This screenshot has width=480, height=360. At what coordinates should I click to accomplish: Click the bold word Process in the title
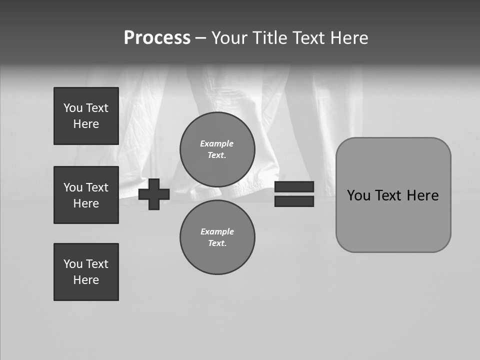point(157,38)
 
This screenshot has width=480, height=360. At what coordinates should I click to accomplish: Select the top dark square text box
point(86,116)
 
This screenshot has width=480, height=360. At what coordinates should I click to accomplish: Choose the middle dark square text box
point(86,195)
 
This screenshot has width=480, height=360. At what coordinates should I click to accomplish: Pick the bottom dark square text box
point(86,272)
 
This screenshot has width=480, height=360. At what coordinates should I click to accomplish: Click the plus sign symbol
point(154,194)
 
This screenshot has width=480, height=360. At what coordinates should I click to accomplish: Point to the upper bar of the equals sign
point(294,186)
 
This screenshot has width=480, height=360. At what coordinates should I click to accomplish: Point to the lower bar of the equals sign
point(294,201)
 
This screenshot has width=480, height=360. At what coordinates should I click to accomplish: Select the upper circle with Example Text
point(217,149)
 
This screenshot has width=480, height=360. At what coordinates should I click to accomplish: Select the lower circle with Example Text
point(217,237)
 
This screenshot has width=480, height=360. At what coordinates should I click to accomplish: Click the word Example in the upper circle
point(216,143)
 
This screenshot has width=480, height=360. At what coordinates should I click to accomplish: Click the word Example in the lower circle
point(217,231)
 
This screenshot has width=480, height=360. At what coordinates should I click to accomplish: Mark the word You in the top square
point(72,108)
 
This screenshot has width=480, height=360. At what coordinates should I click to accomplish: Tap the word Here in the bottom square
point(86,280)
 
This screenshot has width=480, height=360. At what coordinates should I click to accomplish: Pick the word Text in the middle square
point(96,187)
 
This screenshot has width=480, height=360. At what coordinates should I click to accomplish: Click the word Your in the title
point(230,38)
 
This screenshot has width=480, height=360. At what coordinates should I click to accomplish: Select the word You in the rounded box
point(358,195)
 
